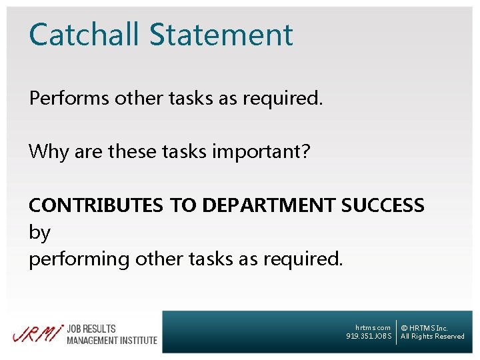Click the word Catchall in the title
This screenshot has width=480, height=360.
pyautogui.click(x=84, y=35)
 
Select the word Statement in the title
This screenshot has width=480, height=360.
pyautogui.click(x=221, y=35)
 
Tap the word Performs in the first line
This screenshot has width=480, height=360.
pyautogui.click(x=69, y=99)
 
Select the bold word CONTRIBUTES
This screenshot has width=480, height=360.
pyautogui.click(x=95, y=205)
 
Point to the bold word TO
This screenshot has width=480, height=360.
pyautogui.click(x=182, y=205)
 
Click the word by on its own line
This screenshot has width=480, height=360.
pyautogui.click(x=39, y=233)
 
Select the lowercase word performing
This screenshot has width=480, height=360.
pyautogui.click(x=79, y=259)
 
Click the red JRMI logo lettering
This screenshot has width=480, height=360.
pyautogui.click(x=37, y=333)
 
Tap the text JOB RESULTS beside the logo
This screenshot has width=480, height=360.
pyautogui.click(x=91, y=329)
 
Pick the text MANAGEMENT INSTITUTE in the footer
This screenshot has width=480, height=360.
pyautogui.click(x=111, y=340)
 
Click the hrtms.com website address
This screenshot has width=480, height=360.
pyautogui.click(x=373, y=327)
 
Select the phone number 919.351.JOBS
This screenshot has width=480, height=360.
pyautogui.click(x=369, y=336)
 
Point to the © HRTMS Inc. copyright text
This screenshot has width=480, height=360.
pyautogui.click(x=424, y=327)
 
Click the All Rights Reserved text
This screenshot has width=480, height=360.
pyautogui.click(x=432, y=336)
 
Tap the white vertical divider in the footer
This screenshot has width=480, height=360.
pyautogui.click(x=396, y=331)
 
